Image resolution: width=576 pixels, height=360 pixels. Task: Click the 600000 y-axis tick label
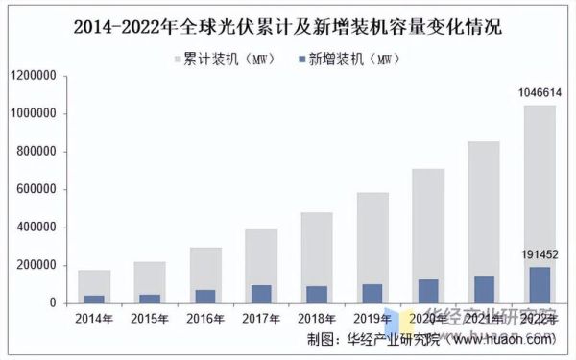[36, 190]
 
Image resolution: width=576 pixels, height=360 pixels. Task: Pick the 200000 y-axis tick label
[36, 266]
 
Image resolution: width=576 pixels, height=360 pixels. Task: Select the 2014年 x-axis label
[94, 319]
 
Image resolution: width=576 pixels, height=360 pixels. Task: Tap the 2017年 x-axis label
[261, 319]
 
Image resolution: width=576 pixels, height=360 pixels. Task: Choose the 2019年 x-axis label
[372, 319]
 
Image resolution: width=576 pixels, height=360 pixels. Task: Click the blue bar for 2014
[94, 299]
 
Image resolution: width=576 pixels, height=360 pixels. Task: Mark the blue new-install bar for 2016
[205, 296]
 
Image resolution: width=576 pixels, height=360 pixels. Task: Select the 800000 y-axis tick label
[36, 152]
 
